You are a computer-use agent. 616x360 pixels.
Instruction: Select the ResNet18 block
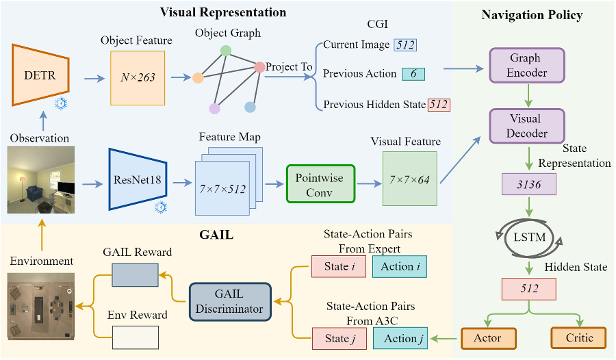coord(138,179)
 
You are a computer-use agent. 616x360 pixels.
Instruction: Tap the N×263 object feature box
coord(138,77)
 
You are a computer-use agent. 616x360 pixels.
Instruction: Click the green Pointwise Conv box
coord(321,183)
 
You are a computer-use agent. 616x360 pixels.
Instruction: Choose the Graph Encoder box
coord(525,66)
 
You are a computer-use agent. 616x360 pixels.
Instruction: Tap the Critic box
coord(579,337)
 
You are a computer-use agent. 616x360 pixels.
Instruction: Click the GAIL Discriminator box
coord(230,301)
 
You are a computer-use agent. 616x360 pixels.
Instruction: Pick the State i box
coord(339,266)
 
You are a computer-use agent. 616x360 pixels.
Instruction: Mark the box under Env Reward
coord(135,337)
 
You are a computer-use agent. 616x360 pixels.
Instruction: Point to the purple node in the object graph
coord(215,108)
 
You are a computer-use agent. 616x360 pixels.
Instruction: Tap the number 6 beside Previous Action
coord(413,74)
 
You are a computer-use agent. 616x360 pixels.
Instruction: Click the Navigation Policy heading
coord(532,15)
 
